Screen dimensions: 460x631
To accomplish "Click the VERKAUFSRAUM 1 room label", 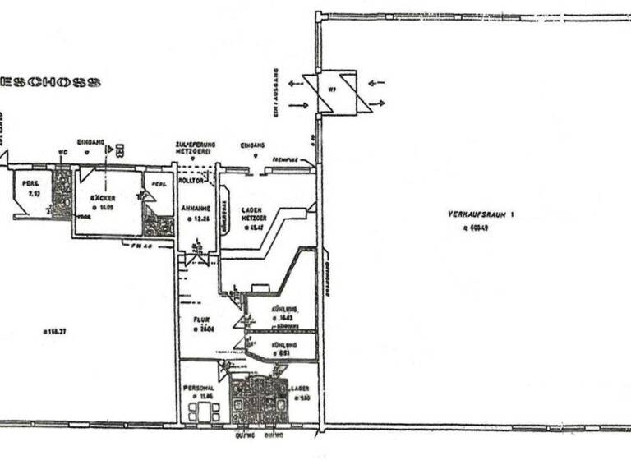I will tap(476, 214).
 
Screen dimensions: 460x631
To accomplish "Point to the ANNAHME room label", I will tap(194, 209).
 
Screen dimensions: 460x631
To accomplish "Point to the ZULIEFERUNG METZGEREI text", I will tap(195, 149).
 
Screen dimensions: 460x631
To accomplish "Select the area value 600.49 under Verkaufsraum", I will tap(474, 228).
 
